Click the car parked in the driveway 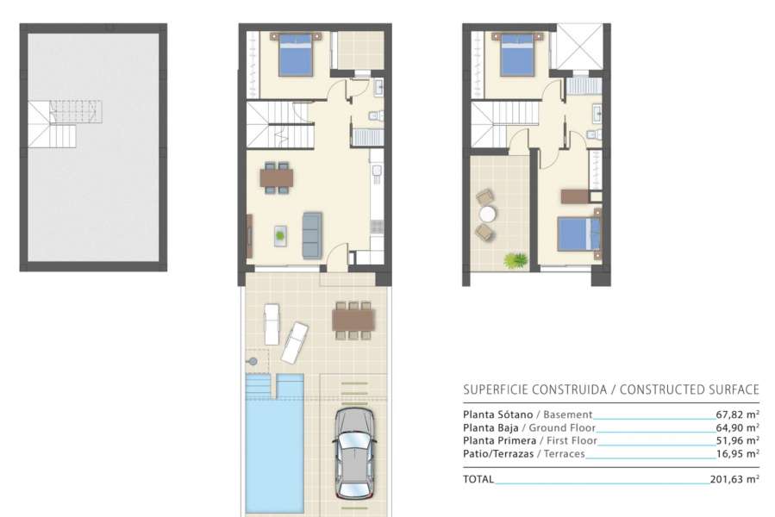pos(353,452)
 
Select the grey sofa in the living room pos(311,233)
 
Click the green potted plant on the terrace pos(516,258)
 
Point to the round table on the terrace pos(489,214)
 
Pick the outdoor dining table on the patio pos(353,320)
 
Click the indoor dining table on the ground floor pos(277,178)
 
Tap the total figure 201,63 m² pos(736,479)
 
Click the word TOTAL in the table pos(478,479)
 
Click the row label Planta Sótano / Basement pos(528,414)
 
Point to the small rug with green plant pos(282,234)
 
